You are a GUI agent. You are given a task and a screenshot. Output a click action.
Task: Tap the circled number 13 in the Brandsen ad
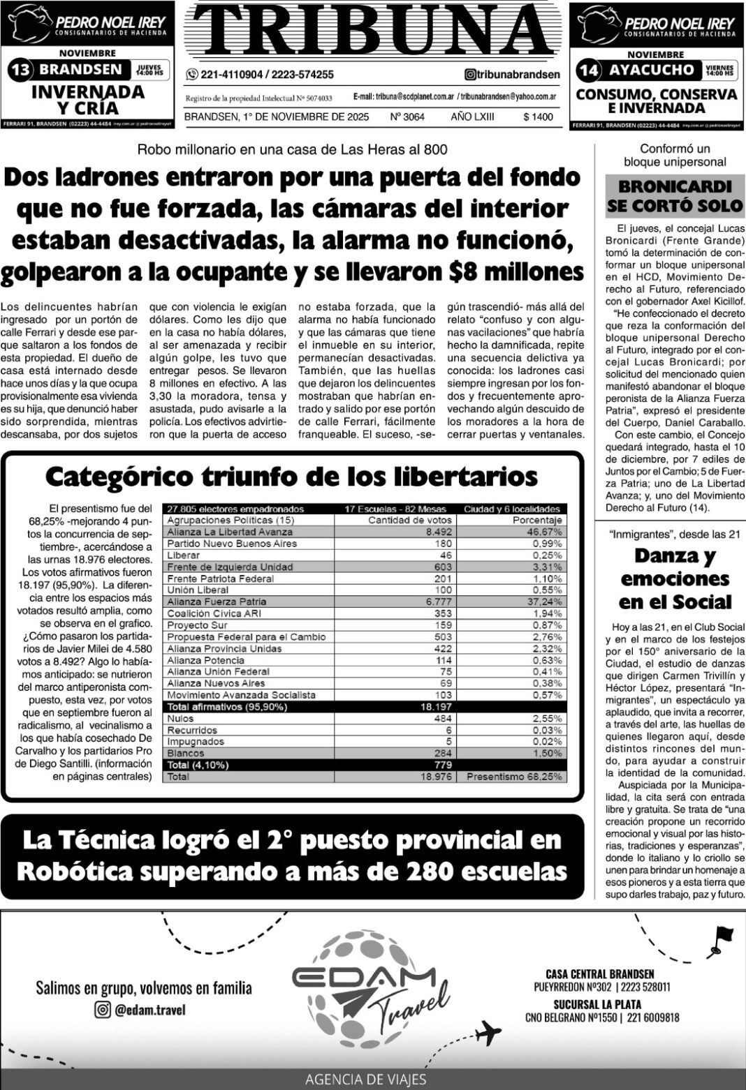20,70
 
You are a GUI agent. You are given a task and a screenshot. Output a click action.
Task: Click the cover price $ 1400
537,117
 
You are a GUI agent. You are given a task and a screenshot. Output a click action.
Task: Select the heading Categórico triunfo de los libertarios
291,477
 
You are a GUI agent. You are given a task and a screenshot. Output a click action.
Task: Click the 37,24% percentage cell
546,602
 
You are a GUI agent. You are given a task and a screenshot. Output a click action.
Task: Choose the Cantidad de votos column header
410,520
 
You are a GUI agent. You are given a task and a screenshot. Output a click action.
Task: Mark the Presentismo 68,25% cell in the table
514,777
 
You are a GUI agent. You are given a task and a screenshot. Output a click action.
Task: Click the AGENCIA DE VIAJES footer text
366,1079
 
